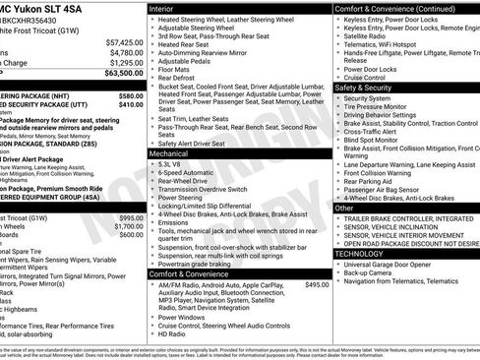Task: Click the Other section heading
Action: click(x=345, y=209)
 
